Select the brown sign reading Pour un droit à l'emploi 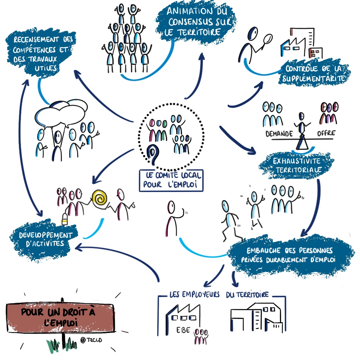[61, 317]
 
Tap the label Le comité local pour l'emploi [171, 180]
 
